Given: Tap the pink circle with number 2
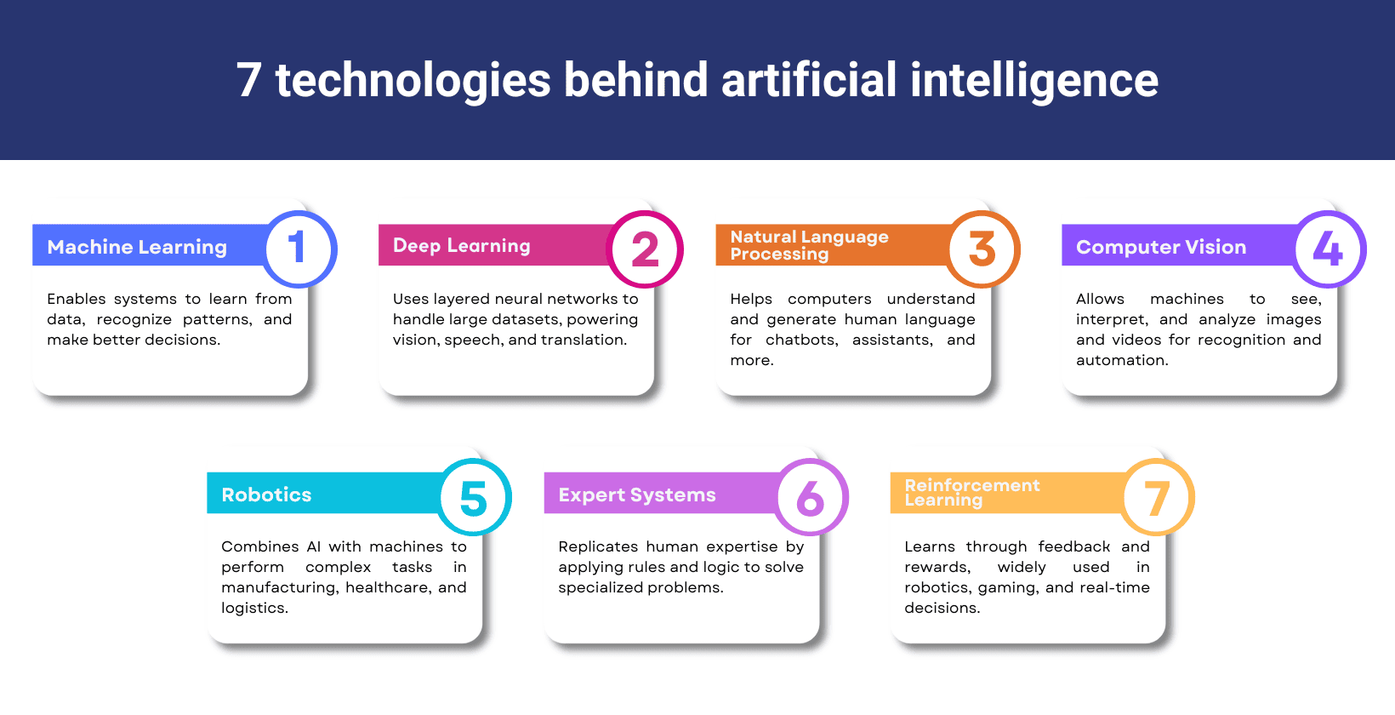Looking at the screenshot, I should pos(646,249).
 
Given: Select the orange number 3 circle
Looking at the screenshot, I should pos(983,249).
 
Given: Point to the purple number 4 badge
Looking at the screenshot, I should pos(1330,249).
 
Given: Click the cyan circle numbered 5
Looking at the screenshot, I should pos(475,497).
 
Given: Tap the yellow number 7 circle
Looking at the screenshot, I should pos(1159,497).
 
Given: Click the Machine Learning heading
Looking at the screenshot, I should pos(137,247).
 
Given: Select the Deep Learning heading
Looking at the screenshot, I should pos(462,246).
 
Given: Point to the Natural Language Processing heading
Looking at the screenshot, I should pos(809,245).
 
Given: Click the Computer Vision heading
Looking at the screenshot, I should pos(1161,247).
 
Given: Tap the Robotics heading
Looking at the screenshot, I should pos(266,495).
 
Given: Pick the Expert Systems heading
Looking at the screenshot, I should pos(637,495).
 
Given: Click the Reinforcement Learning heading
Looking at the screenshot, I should pos(971,492).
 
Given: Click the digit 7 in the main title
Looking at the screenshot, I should pos(248,80).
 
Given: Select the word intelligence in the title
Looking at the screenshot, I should pos(1033,80).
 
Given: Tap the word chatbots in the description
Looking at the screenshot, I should pos(801,340).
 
